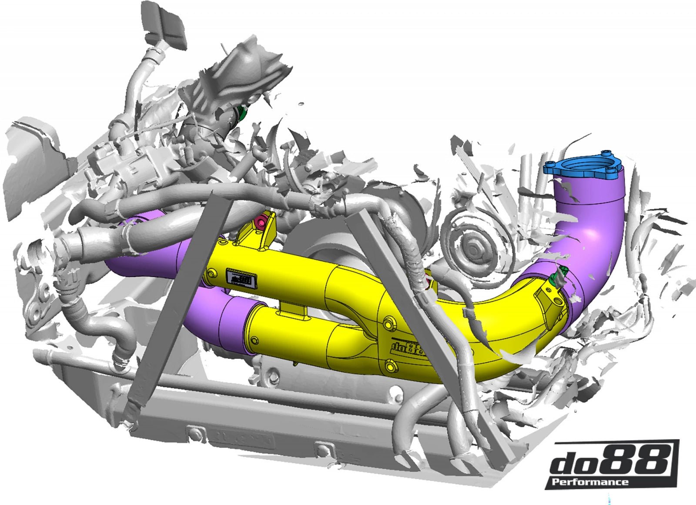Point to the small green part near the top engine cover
point(240,114)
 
